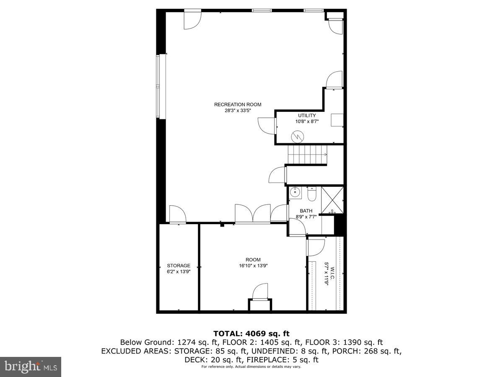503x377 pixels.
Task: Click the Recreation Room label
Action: [x=238, y=105]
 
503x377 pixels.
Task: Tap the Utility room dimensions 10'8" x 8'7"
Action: [x=307, y=122]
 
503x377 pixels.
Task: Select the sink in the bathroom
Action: [x=295, y=193]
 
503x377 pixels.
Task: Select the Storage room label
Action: [x=179, y=266]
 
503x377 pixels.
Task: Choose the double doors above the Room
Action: [x=253, y=214]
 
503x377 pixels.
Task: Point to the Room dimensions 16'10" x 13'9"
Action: [x=253, y=266]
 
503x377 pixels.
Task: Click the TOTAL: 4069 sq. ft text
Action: [x=251, y=333]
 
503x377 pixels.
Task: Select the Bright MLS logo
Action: [x=31, y=367]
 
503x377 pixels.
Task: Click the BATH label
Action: [x=306, y=211]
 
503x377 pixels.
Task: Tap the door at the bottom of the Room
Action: [x=260, y=292]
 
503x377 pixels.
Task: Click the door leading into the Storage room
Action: [x=177, y=214]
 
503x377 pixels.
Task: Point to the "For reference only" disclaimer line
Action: [x=251, y=367]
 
